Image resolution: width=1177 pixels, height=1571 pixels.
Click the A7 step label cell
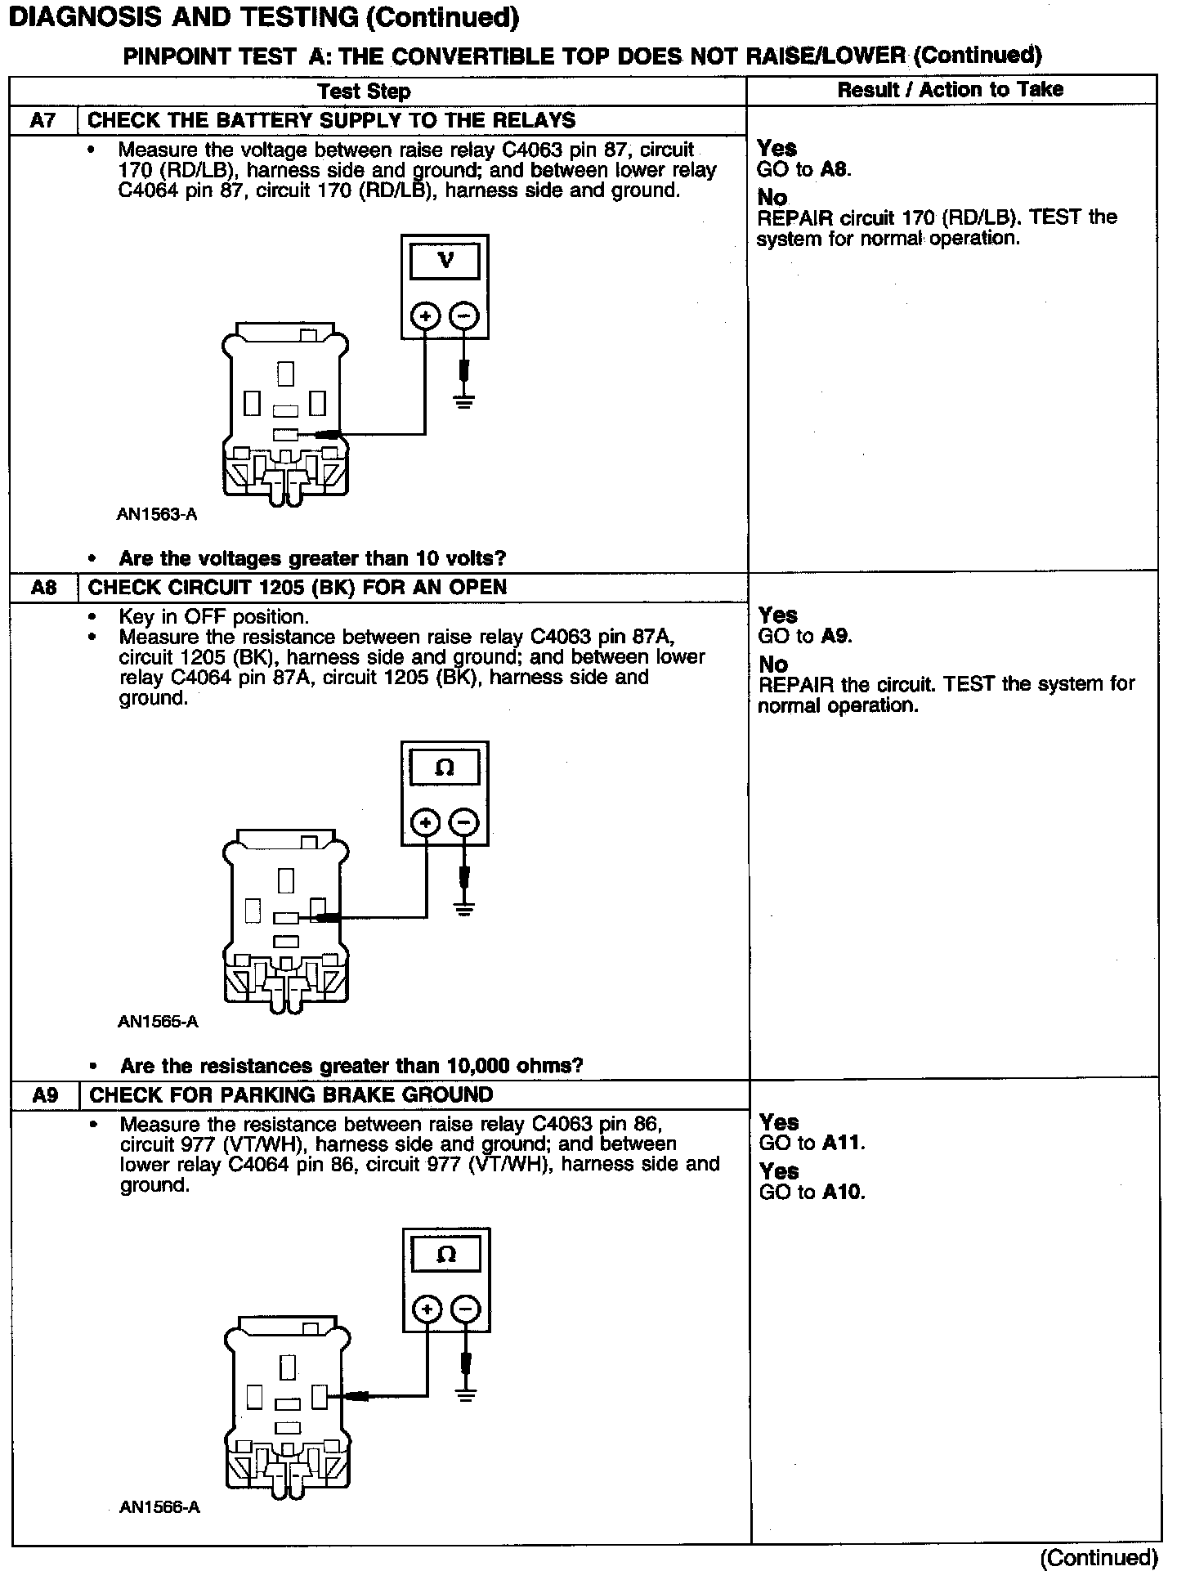[x=43, y=120]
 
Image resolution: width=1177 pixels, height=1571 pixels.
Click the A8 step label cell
[x=43, y=587]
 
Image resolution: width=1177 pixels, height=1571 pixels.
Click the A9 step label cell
[x=45, y=1094]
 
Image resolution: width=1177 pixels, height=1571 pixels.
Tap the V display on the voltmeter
[x=445, y=261]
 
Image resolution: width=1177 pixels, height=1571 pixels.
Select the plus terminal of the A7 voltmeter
[x=425, y=316]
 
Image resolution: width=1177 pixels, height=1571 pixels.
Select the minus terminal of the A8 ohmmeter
[x=464, y=822]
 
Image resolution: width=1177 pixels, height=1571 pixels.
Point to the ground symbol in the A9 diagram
[x=466, y=1395]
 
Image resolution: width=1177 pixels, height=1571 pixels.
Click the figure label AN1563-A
[x=157, y=515]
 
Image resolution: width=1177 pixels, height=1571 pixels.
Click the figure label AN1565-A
[x=158, y=1021]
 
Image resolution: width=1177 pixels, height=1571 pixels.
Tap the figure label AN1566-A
[x=159, y=1507]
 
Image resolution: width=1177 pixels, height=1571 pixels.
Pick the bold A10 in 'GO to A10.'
[x=843, y=1192]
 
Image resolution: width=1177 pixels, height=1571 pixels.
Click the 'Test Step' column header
[x=364, y=91]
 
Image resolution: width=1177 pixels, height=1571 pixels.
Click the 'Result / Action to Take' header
[x=951, y=90]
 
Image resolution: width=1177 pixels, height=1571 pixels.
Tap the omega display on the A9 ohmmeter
[x=446, y=1255]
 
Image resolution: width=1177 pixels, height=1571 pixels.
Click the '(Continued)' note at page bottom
[x=1099, y=1558]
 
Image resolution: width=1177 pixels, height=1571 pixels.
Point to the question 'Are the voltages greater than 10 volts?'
[x=312, y=558]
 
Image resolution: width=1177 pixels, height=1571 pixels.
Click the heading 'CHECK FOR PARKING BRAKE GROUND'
[x=291, y=1094]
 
